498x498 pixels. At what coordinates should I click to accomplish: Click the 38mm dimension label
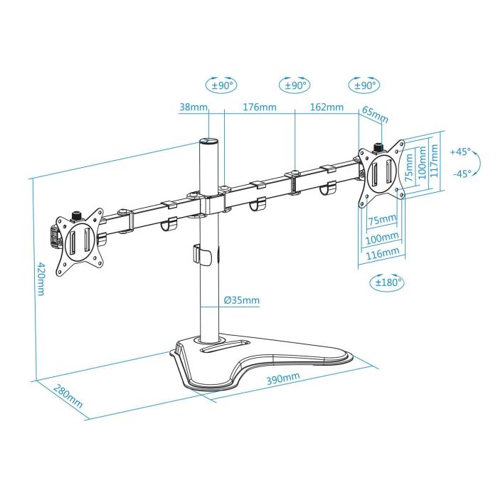pos(193,108)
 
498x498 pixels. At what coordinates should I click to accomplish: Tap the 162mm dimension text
pos(327,108)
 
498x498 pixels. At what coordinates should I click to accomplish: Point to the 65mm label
pos(375,113)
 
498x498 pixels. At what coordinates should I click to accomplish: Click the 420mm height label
pos(41,280)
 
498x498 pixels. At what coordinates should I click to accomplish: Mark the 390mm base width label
pos(282,378)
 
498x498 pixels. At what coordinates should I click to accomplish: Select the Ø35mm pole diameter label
pos(241,301)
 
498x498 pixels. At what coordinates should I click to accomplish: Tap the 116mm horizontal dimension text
pos(383,253)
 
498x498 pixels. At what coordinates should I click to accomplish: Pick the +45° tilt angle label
pos(460,152)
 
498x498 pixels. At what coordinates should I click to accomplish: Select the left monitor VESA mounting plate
pos(78,242)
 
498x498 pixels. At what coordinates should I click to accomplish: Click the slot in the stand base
pos(223,350)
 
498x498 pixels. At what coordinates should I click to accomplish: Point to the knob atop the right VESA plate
pos(378,147)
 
